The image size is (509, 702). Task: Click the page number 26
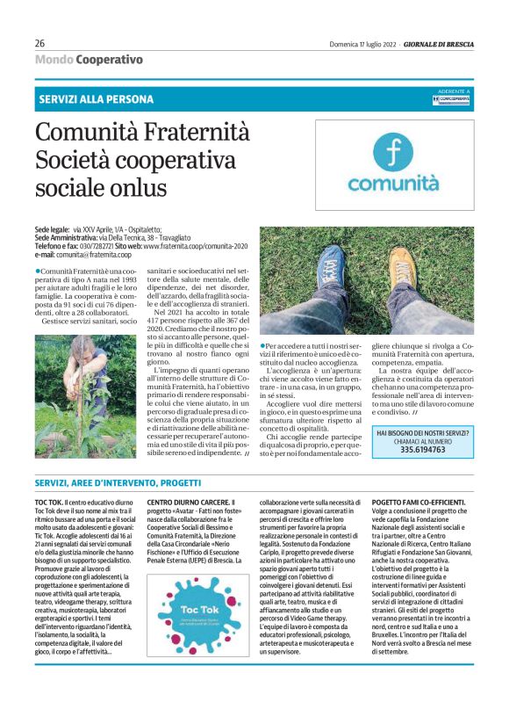coord(39,43)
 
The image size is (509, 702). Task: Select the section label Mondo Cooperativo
coord(89,60)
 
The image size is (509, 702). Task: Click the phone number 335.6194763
coord(423,449)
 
